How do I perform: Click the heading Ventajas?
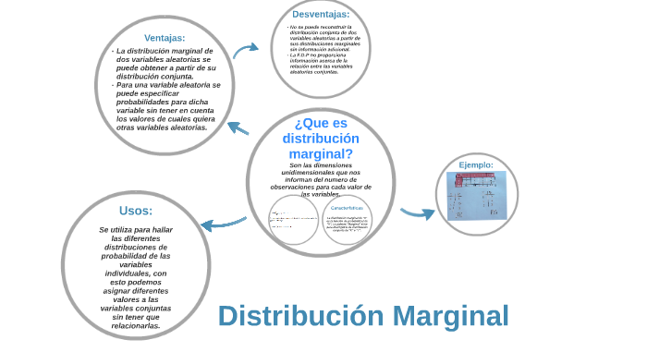coord(165,38)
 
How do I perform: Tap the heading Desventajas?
coord(321,14)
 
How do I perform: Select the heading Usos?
coord(136,210)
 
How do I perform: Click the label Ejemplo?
coord(476,164)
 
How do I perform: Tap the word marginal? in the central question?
coord(321,153)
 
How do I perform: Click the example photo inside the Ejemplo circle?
coord(477,195)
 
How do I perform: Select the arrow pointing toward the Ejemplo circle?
coord(417,213)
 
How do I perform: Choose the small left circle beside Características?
coord(293,220)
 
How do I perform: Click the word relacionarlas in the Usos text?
coord(136,325)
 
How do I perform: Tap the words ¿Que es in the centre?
coord(321,123)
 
